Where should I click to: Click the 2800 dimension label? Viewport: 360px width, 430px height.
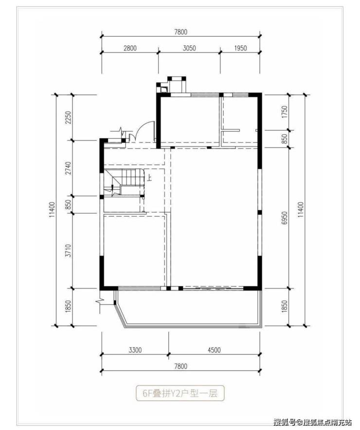coord(130,48)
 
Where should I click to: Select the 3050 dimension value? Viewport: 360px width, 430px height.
coord(189,48)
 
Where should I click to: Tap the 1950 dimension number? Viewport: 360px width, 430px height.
coord(240,48)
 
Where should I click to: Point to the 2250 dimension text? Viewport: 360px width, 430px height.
coord(68,117)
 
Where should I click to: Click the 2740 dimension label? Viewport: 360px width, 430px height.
coord(68,168)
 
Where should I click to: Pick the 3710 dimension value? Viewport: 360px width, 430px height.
coord(68,251)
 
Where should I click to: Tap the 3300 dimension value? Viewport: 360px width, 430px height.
coord(135,350)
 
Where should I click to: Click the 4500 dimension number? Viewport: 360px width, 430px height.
coord(214,350)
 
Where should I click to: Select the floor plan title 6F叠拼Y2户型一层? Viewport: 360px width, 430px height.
coord(180,394)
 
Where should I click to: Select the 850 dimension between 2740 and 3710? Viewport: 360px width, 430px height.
coord(68,204)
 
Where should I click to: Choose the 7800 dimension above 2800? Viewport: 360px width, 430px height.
coord(180,32)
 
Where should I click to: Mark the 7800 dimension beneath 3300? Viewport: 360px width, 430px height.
coord(180,366)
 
